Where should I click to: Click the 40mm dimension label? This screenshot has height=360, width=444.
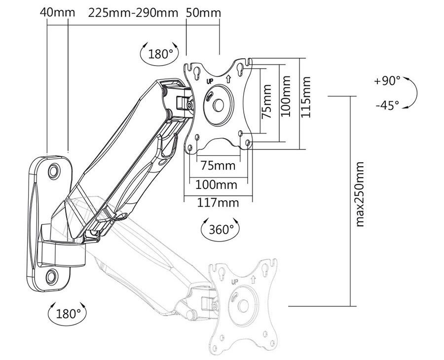(x=58, y=13)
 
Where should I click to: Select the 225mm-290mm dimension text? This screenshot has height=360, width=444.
(x=133, y=13)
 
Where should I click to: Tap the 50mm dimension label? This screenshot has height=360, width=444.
(x=203, y=13)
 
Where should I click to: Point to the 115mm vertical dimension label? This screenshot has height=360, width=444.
(x=306, y=97)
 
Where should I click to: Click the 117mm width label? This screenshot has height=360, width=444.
(x=218, y=203)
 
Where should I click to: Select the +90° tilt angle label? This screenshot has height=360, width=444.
(x=387, y=81)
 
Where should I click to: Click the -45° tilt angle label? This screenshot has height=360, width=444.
(x=387, y=106)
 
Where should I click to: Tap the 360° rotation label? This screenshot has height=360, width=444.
(x=222, y=229)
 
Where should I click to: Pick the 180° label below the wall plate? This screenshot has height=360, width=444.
(x=69, y=314)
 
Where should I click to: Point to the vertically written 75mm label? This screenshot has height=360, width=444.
(x=266, y=101)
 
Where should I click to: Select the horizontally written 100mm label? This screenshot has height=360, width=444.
(x=217, y=185)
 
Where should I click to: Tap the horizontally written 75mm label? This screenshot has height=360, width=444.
(x=218, y=165)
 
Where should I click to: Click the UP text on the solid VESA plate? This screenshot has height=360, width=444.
(x=210, y=81)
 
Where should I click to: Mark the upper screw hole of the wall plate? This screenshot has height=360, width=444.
(x=53, y=171)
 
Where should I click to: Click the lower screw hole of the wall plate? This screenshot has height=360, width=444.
(x=52, y=276)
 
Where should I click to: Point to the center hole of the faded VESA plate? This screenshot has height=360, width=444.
(x=243, y=306)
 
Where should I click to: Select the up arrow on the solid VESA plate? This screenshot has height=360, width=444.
(x=228, y=79)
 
